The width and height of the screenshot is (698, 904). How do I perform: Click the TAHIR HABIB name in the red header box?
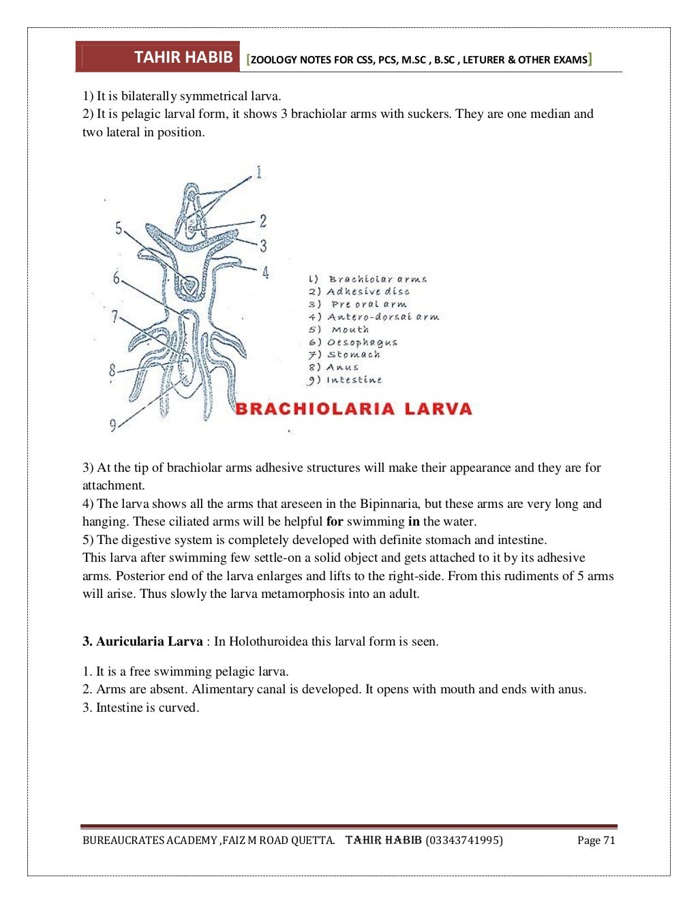pyautogui.click(x=183, y=57)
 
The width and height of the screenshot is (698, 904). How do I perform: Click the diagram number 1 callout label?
pyautogui.click(x=259, y=172)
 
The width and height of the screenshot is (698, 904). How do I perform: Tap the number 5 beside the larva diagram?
pyautogui.click(x=119, y=228)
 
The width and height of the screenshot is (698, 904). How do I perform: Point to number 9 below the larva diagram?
pyautogui.click(x=113, y=425)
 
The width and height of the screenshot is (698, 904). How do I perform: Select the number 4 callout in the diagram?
pyautogui.click(x=265, y=273)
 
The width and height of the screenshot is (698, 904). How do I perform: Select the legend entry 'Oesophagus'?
pyautogui.click(x=361, y=342)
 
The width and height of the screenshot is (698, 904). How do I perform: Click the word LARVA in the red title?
pyautogui.click(x=438, y=409)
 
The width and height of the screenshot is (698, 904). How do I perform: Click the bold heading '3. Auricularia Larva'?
pyautogui.click(x=142, y=642)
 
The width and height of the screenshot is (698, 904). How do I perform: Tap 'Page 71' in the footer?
pyautogui.click(x=596, y=841)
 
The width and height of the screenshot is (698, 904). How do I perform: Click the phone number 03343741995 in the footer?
pyautogui.click(x=464, y=841)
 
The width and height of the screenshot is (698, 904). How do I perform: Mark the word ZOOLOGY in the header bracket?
pyautogui.click(x=273, y=60)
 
